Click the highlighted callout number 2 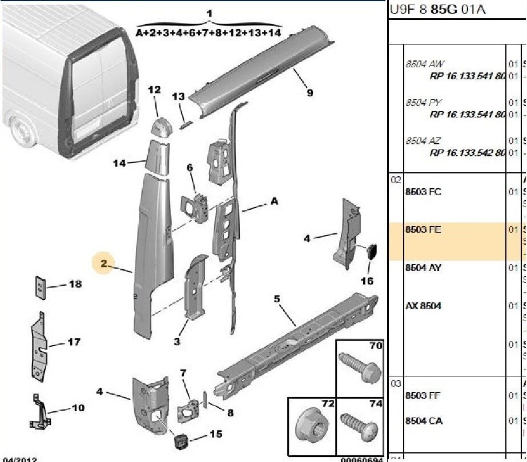point(103,264)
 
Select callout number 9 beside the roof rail point(309,92)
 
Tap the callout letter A point(275,201)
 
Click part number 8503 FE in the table point(423,230)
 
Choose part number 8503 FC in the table point(423,192)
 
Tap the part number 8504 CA point(423,422)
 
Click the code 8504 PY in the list point(423,103)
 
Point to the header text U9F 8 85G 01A point(438,10)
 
